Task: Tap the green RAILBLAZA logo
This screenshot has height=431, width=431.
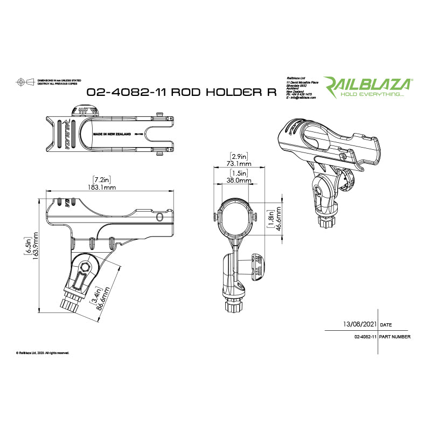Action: (x=367, y=84)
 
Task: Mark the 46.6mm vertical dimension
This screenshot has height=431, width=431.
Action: (x=279, y=220)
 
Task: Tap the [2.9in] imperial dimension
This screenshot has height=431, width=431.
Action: (x=238, y=155)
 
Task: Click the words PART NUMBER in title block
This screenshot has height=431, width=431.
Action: (x=395, y=337)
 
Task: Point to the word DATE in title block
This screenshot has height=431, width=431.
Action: (x=386, y=325)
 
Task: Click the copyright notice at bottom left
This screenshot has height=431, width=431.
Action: (x=43, y=353)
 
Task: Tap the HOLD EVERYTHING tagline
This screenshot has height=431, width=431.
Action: (x=377, y=94)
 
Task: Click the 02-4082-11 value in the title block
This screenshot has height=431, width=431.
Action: (x=365, y=337)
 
